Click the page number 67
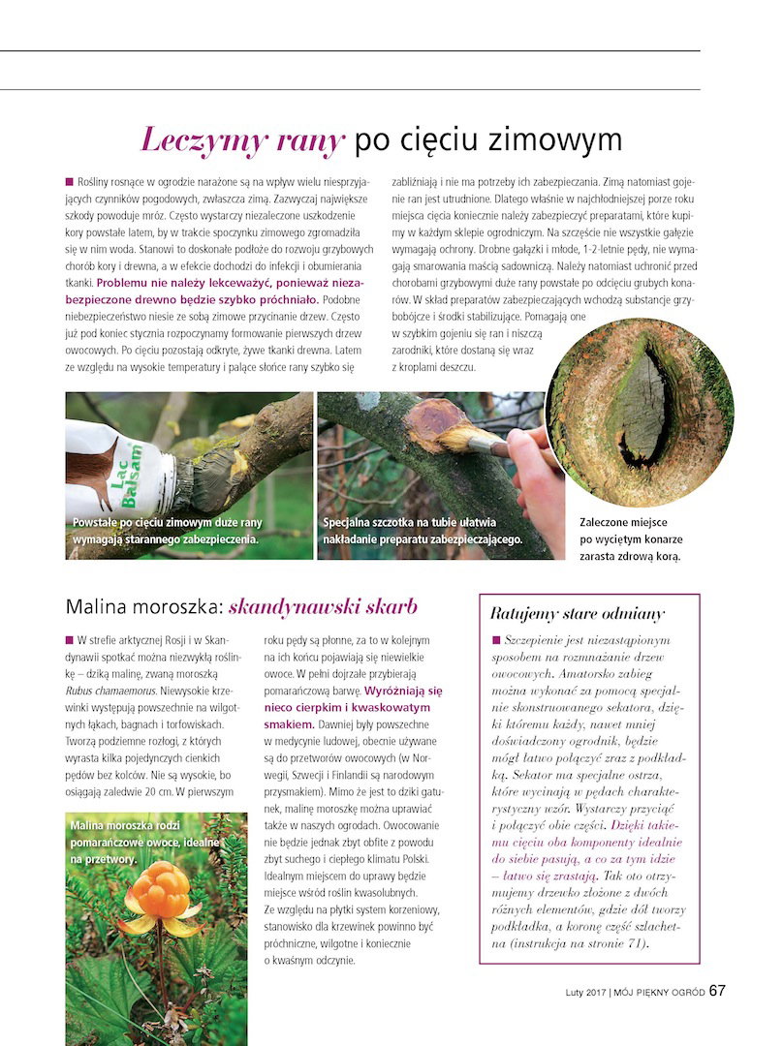pos(717,991)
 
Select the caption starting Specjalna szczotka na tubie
pos(423,531)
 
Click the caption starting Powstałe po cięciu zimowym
pos(167,531)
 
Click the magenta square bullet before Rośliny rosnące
pos(70,181)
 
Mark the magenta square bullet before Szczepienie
pos(496,640)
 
